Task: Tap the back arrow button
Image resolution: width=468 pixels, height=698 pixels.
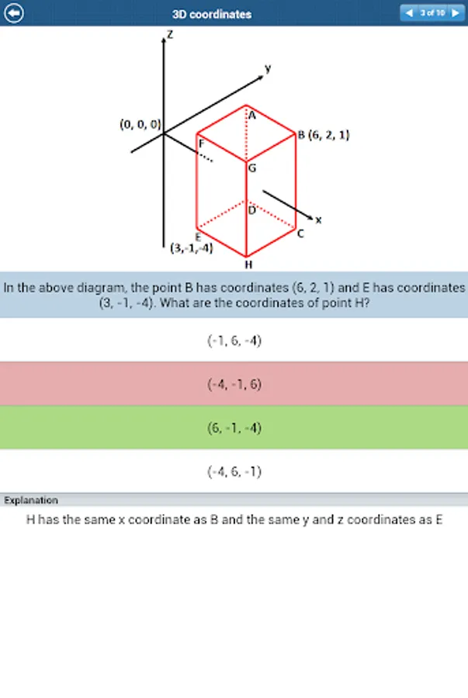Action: pos(15,13)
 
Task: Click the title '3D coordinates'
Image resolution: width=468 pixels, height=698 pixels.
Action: pos(212,14)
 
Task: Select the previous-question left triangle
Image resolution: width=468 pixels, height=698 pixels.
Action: pos(409,13)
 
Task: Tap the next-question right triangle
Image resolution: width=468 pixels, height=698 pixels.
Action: pos(455,13)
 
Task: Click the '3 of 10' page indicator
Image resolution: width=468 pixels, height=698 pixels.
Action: pos(432,13)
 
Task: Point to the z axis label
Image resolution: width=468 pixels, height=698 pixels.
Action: pos(170,35)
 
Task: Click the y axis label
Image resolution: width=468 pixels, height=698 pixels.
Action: pos(268,68)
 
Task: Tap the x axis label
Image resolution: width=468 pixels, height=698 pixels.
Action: pos(318,219)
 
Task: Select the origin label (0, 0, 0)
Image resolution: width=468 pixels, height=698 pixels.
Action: pos(140,124)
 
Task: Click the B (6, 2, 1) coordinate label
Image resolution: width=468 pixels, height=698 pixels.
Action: pos(324,135)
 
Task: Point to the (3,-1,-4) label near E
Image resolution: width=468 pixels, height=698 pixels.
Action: pos(191,249)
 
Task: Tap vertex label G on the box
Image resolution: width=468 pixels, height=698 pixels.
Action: pos(252,168)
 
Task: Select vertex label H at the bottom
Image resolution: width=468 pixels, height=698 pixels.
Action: pos(248,264)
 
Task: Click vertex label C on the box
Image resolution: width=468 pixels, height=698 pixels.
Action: pos(300,233)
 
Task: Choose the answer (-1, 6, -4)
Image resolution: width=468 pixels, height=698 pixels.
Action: pos(234,340)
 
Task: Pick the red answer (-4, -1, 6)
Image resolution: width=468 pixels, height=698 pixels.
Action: pos(234,384)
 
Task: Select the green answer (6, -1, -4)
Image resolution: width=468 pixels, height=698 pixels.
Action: pos(234,427)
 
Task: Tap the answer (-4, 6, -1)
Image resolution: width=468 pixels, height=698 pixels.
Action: pos(234,472)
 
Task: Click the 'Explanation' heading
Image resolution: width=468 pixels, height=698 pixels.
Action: pos(31,500)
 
